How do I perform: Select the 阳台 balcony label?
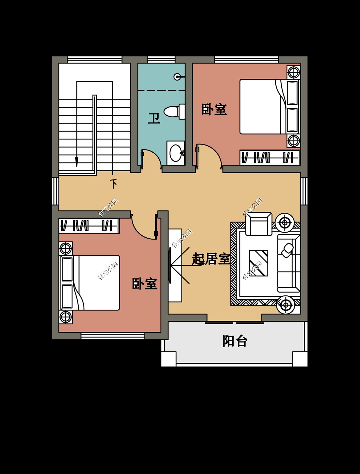coord(235,341)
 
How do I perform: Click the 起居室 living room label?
coord(211,259)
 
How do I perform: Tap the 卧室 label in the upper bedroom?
coord(214,110)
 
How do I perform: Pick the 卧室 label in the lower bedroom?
coord(144,284)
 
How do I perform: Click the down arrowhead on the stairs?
coord(76,162)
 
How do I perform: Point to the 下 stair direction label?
coord(113,184)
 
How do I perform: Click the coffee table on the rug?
coord(259,263)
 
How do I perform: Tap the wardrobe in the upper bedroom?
coord(270,157)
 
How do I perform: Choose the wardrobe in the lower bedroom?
coord(89,226)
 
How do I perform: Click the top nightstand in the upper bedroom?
coord(293,72)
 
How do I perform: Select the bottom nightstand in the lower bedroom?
coord(66,317)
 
